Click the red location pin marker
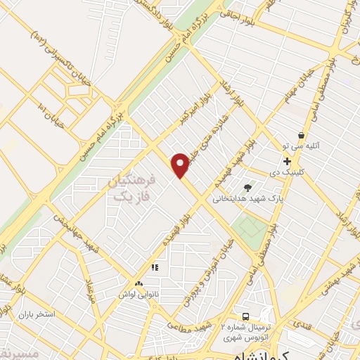181,165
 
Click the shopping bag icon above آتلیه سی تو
302,135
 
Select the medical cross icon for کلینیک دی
287,161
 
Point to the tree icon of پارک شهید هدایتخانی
247,187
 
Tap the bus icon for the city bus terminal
246,316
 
